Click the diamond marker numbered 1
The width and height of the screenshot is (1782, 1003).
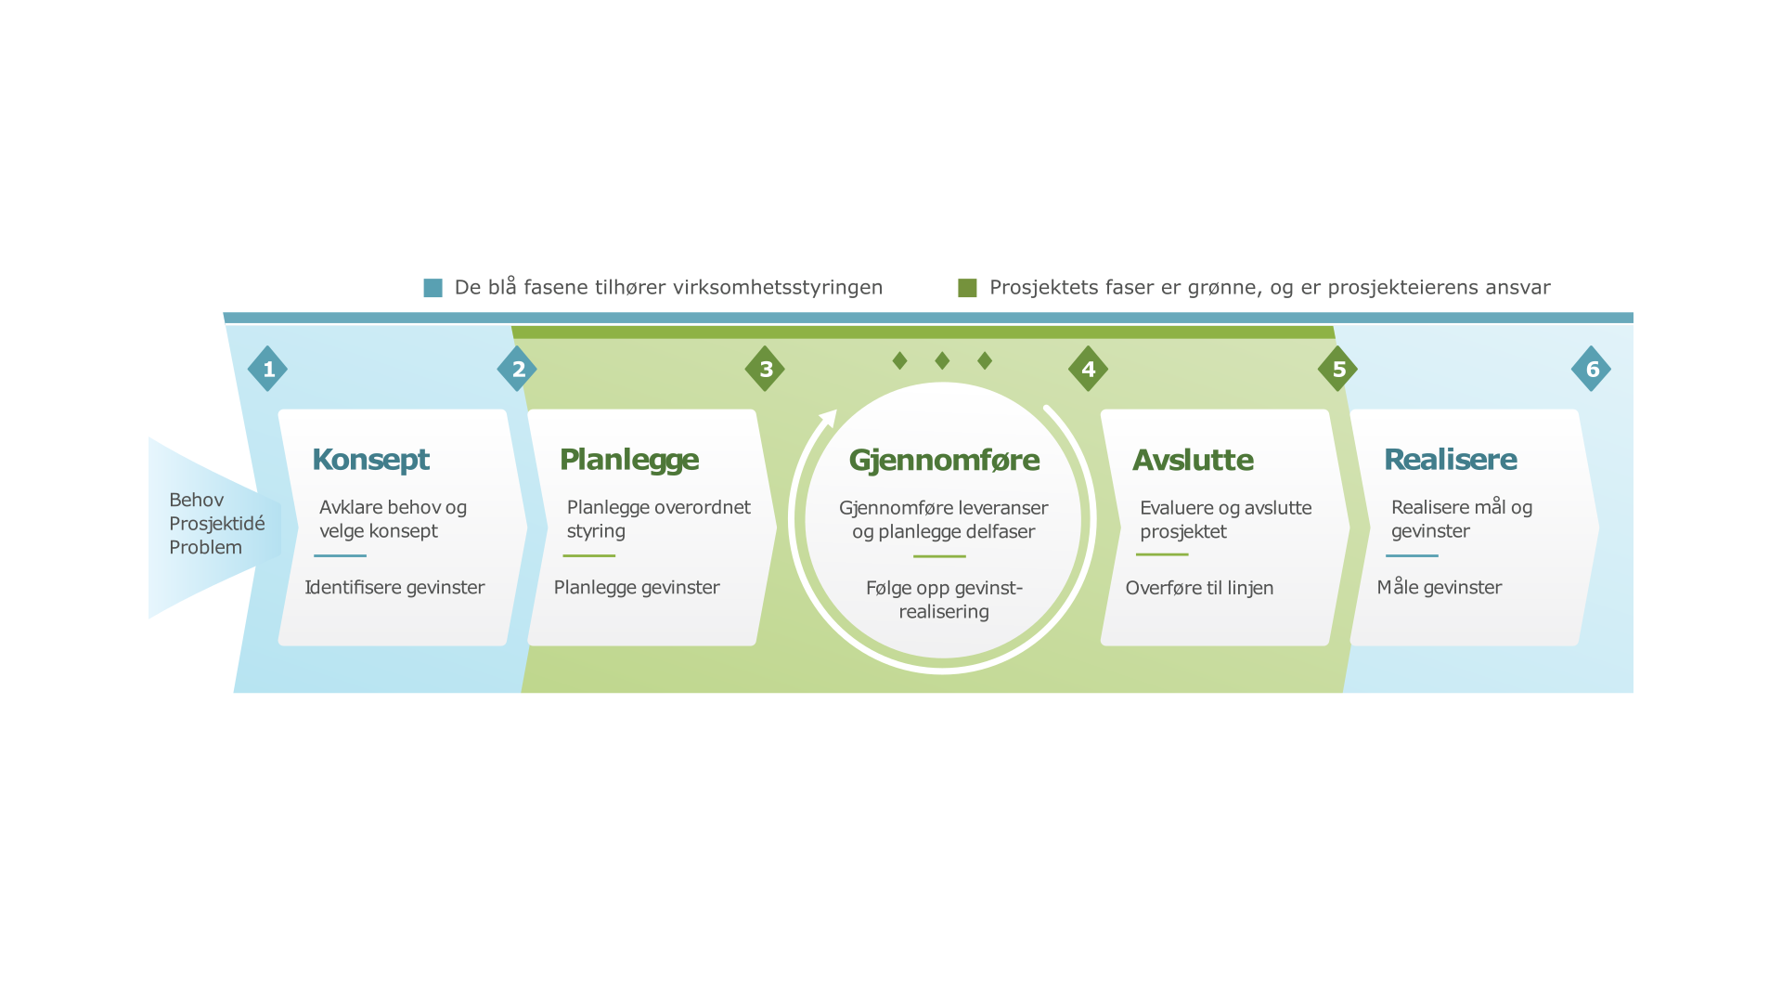tap(267, 369)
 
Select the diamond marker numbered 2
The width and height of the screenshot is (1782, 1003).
tap(517, 369)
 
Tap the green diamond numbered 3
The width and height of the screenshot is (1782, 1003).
tap(765, 369)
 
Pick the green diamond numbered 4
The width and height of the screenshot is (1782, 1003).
tap(1088, 369)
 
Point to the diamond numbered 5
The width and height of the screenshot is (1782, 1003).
tap(1337, 369)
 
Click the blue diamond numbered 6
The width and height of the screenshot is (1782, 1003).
tap(1591, 369)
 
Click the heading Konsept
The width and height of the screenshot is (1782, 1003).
tap(370, 460)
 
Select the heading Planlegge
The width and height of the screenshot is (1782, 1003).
tap(628, 460)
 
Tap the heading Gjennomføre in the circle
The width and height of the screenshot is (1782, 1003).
tap(944, 460)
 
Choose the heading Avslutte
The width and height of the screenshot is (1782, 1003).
tap(1193, 460)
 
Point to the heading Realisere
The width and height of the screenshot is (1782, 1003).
tap(1450, 460)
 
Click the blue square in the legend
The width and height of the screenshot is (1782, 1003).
tap(433, 288)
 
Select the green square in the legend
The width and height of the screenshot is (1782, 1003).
tap(967, 288)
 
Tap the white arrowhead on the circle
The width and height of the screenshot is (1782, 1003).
tap(829, 418)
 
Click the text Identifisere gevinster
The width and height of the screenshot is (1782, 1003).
tap(394, 587)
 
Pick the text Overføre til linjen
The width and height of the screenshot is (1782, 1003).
tap(1199, 588)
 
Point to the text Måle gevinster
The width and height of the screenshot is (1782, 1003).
tap(1439, 587)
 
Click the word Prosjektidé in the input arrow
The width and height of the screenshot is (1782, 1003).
tap(216, 524)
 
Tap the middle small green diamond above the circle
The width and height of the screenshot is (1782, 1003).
tap(942, 360)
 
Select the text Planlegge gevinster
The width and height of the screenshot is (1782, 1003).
tap(637, 587)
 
